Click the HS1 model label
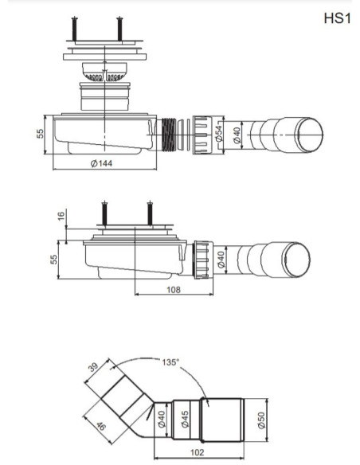click(337, 18)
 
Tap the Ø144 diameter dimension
click(101, 163)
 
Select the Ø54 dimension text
click(219, 133)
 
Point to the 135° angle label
click(170, 361)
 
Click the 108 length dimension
click(174, 290)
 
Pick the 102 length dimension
click(198, 452)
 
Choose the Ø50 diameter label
click(261, 420)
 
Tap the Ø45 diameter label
click(185, 419)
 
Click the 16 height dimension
click(61, 216)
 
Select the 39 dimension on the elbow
click(93, 367)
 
